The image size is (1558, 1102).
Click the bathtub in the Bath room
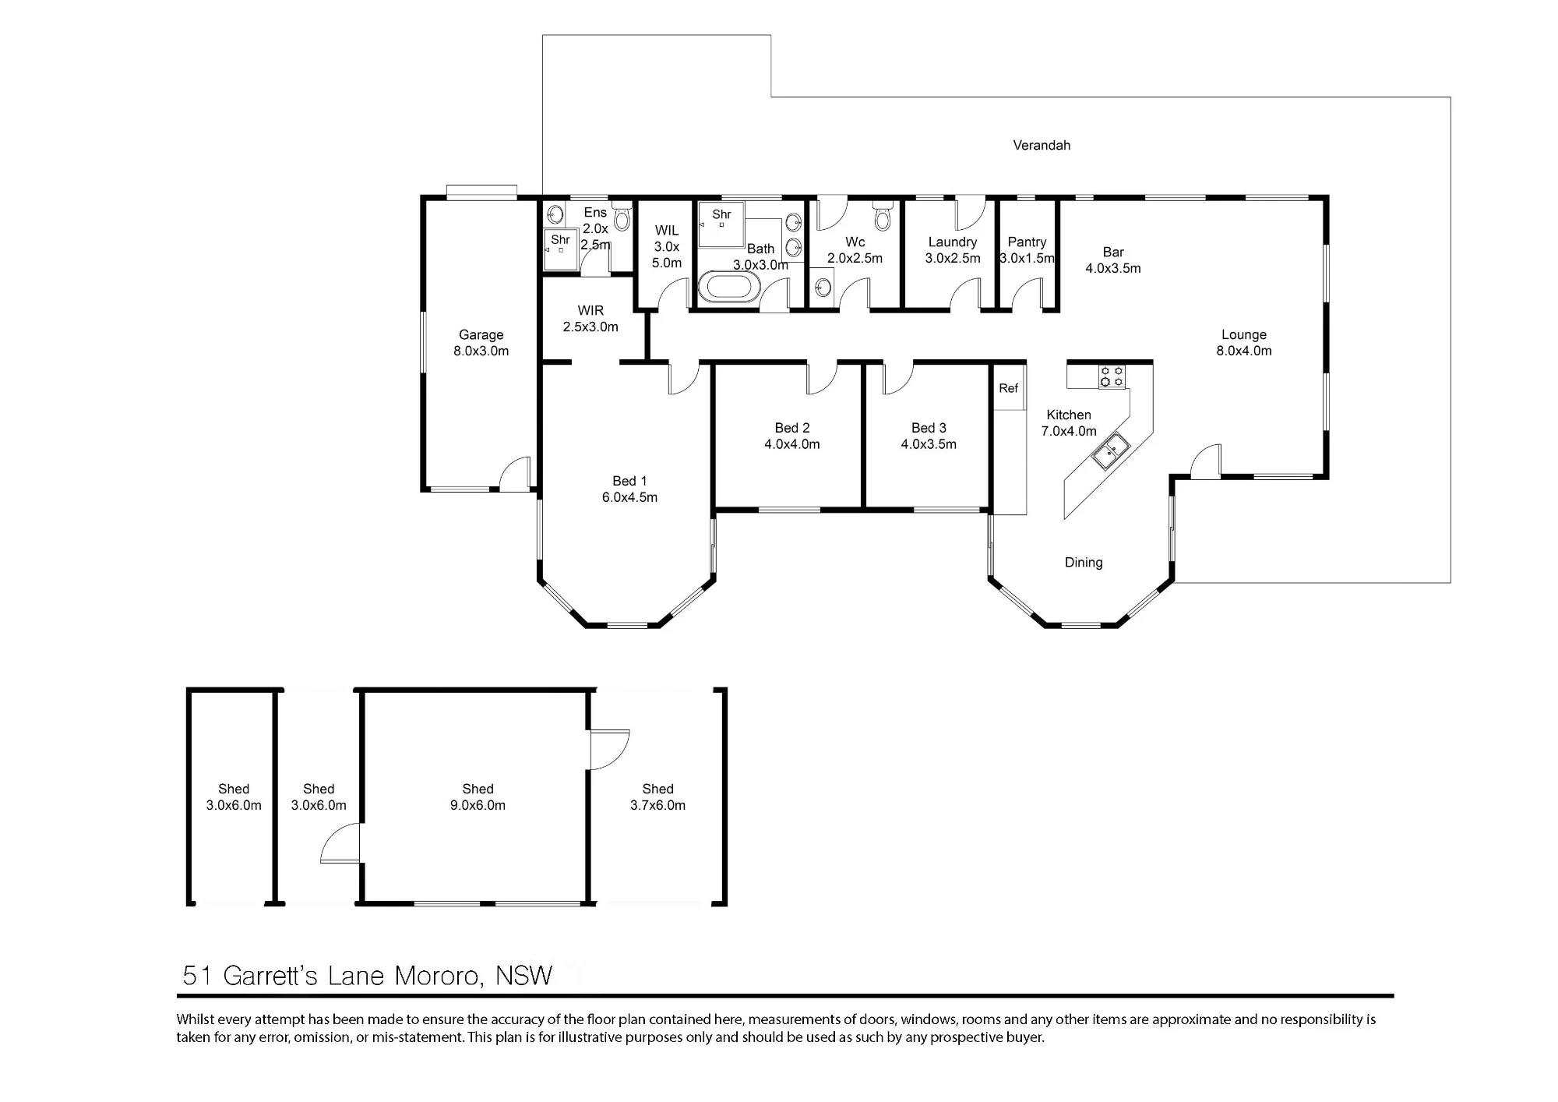tap(729, 288)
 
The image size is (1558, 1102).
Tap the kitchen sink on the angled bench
tap(1110, 452)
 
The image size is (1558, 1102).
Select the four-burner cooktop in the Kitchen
tap(1112, 376)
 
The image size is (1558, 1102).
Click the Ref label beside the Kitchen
tap(1008, 388)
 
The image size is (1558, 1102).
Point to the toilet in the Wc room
tap(882, 216)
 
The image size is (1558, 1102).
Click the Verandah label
tap(1042, 145)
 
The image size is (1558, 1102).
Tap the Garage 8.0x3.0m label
tap(481, 343)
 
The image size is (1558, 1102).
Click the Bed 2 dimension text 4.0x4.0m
tap(792, 444)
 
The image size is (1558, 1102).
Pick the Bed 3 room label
tap(929, 428)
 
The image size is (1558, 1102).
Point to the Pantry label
tap(1027, 242)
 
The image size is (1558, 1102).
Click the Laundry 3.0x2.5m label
tap(953, 250)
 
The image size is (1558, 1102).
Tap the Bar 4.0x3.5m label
tap(1113, 260)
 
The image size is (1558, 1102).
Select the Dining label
tap(1084, 563)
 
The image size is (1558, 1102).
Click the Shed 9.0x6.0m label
tap(478, 797)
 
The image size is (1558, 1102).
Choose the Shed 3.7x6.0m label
tap(657, 797)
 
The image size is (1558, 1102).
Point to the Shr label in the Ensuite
tap(560, 240)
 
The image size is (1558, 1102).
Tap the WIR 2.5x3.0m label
tap(590, 319)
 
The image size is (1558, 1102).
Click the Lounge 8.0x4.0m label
tap(1244, 343)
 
